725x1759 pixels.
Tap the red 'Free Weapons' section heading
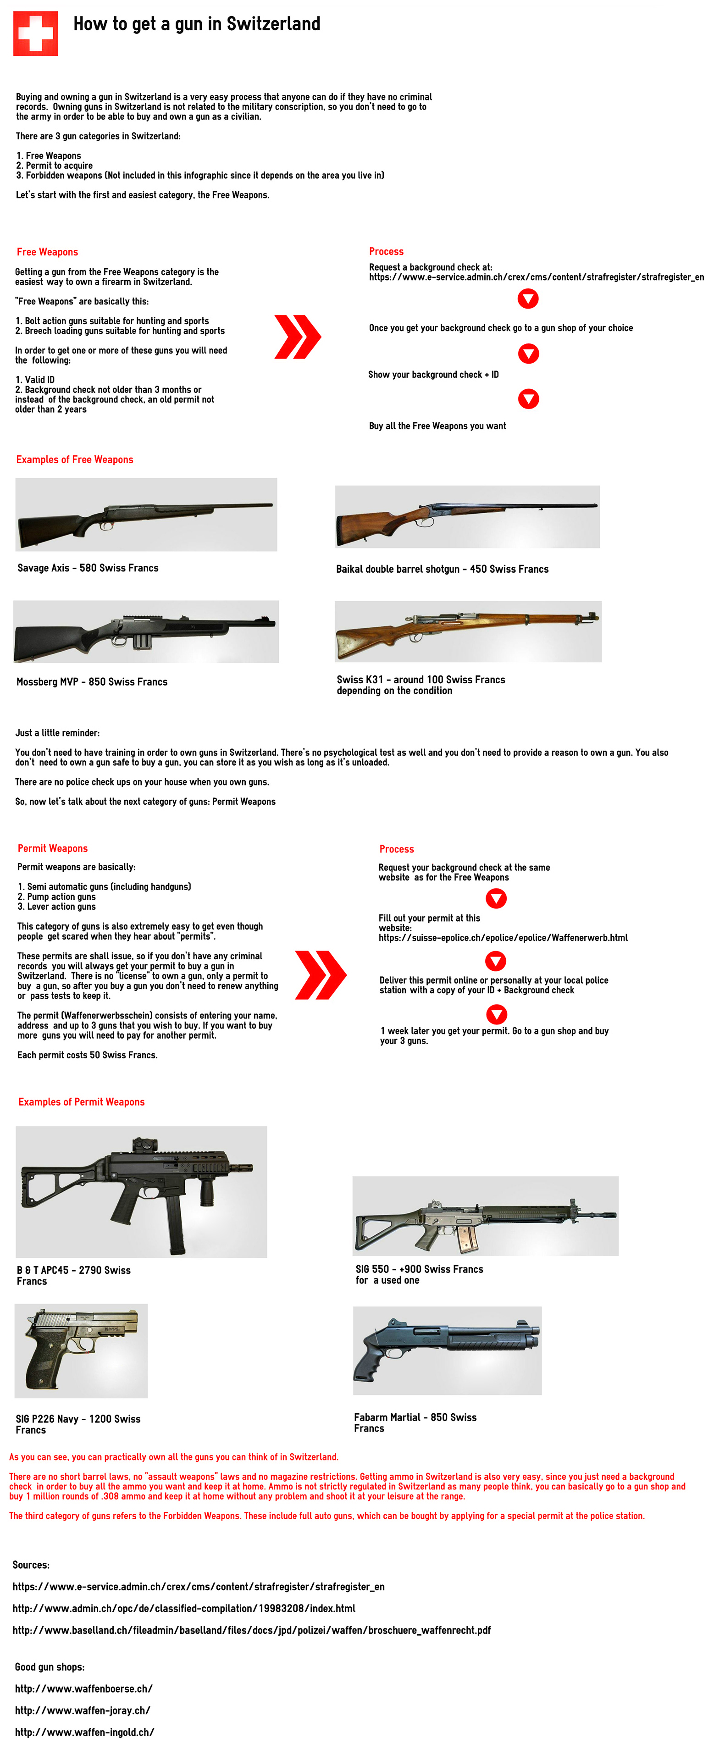pos(47,252)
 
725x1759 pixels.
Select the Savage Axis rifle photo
pos(146,514)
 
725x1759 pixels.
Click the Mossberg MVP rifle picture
pos(146,631)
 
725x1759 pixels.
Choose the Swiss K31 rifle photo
pos(468,631)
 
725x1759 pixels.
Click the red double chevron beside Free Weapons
pos(297,337)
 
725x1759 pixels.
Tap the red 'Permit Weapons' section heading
pos(53,848)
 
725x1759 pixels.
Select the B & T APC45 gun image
pos(141,1192)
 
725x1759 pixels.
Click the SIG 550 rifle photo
pos(485,1216)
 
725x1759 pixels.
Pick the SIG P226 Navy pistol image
pos(81,1350)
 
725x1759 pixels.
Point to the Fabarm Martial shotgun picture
pos(447,1350)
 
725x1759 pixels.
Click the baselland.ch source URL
pos(251,1630)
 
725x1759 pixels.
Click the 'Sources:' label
pos(31,1565)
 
